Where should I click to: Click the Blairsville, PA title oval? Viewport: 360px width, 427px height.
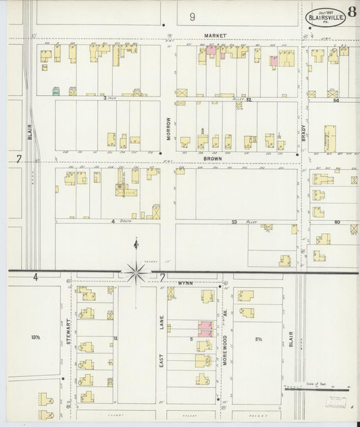click(326, 16)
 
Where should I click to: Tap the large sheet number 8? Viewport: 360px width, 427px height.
click(353, 11)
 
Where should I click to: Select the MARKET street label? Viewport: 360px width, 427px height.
click(216, 35)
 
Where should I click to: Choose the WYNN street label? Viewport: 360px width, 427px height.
click(186, 282)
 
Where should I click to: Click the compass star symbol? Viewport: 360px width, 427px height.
click(136, 272)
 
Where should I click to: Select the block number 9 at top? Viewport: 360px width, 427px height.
click(192, 16)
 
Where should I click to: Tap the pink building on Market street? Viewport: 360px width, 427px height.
click(211, 49)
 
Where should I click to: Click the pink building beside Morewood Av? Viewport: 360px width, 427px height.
click(205, 329)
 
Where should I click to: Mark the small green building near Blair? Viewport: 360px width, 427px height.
click(57, 90)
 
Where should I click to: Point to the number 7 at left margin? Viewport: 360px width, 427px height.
click(19, 159)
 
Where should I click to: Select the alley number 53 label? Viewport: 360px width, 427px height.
click(235, 222)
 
